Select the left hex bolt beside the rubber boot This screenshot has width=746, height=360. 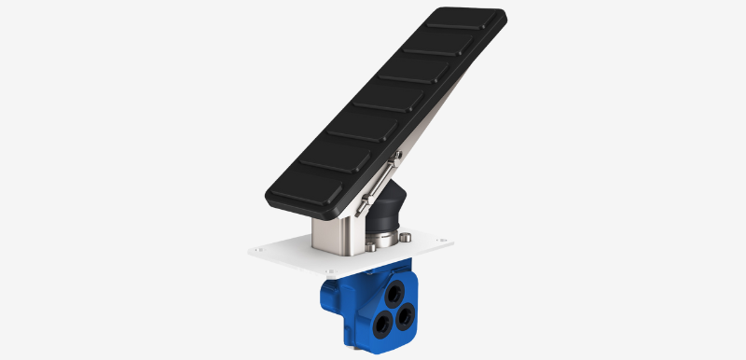(x=372, y=247)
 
